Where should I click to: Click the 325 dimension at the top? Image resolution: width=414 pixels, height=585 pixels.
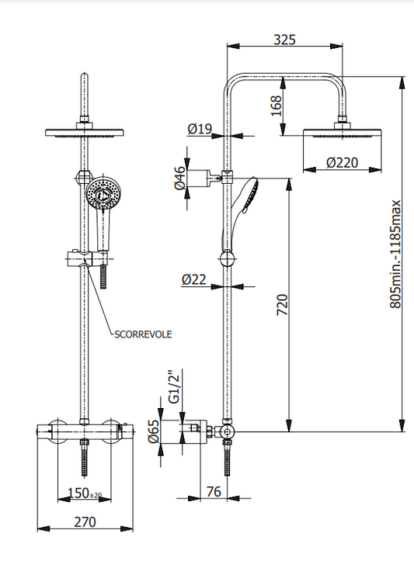coord(285,40)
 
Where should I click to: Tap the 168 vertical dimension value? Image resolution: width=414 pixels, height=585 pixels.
coord(276,106)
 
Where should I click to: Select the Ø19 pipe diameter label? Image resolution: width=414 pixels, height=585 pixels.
coord(200,129)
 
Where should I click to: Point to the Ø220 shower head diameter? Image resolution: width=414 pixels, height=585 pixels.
coord(342,163)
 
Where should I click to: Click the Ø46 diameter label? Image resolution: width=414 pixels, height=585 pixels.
coord(180,178)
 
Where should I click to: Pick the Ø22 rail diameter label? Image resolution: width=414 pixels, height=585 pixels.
coord(194,279)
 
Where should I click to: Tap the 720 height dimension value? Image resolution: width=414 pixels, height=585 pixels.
coord(283,305)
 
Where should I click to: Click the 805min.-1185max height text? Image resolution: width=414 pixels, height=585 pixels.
coord(395,254)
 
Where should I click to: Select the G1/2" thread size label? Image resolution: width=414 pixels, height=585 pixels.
coord(175,387)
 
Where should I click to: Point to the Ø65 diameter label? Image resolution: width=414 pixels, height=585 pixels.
coord(154,431)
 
